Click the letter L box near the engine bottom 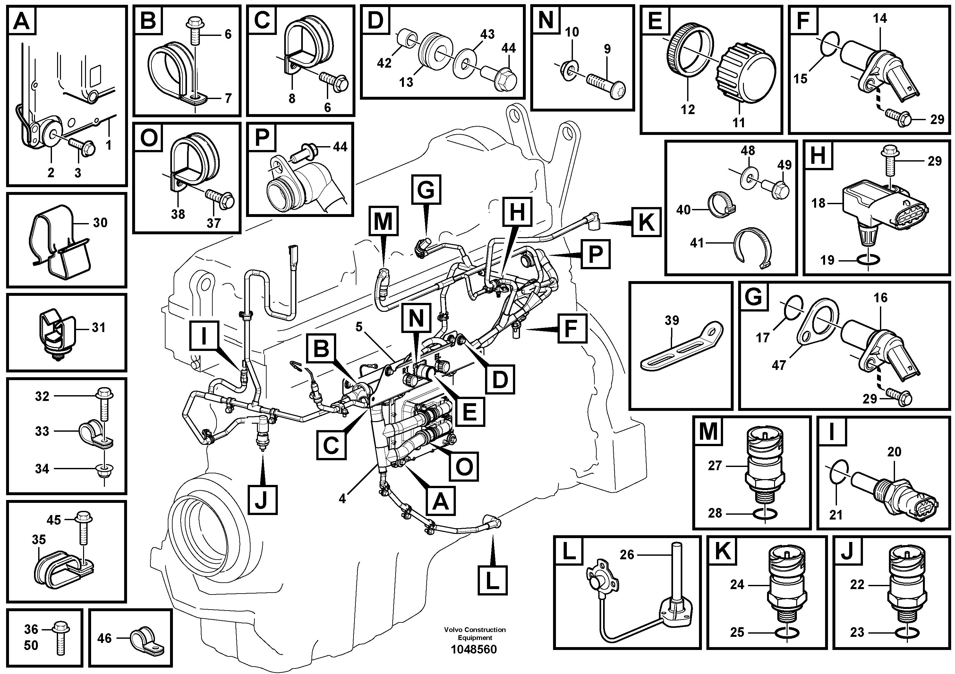click(x=492, y=580)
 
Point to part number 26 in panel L click(x=627, y=554)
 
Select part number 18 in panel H click(x=818, y=203)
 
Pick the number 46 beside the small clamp click(x=104, y=638)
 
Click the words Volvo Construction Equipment click(x=474, y=633)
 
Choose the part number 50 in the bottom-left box click(x=31, y=645)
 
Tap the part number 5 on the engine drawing click(x=359, y=327)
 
